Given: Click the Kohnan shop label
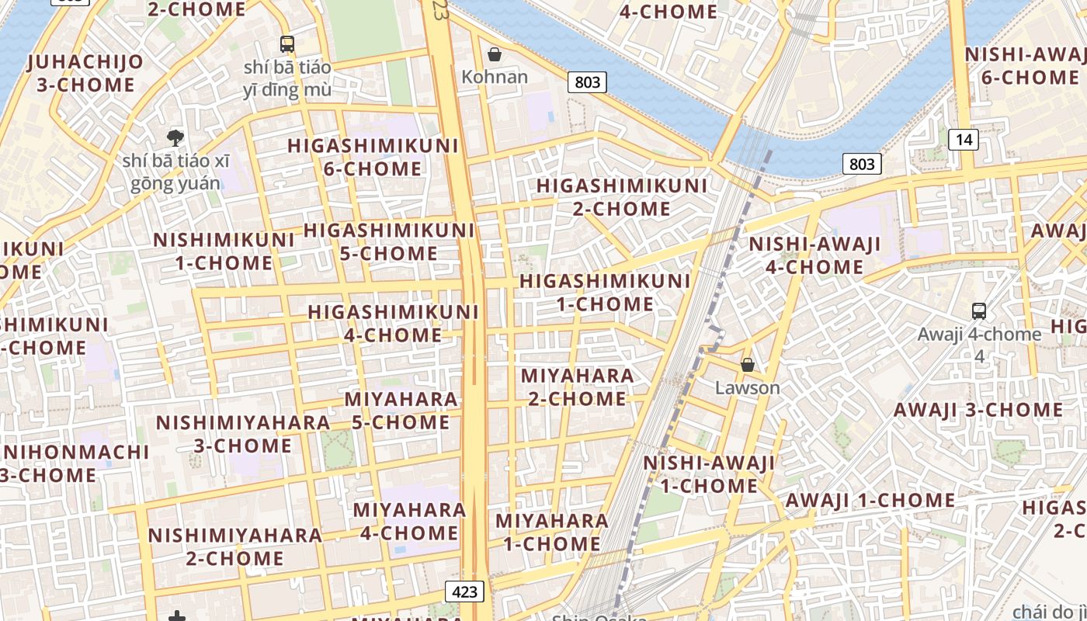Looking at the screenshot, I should tap(495, 77).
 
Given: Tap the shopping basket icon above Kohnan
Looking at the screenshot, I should tap(494, 54).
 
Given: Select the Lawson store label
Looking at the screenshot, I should tap(748, 387).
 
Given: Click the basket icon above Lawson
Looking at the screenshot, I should tap(748, 364).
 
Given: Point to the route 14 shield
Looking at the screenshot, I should tap(964, 140).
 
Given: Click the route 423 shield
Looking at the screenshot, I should tap(465, 592).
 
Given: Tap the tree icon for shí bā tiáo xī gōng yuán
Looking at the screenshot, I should tap(175, 138).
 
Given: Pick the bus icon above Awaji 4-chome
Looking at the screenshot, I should tap(979, 311).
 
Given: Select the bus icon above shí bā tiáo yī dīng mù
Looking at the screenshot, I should tap(287, 44).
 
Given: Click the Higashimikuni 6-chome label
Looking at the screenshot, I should tap(373, 157).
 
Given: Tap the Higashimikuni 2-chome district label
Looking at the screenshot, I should tap(622, 197).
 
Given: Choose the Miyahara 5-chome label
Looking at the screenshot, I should tap(401, 411).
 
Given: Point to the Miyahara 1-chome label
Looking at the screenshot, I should tap(552, 532).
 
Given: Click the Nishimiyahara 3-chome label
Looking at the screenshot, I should tap(243, 434).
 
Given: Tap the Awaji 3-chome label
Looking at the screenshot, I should tap(978, 410).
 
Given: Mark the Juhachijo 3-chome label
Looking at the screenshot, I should tap(85, 73).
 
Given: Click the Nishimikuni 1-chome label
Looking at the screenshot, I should tap(224, 251).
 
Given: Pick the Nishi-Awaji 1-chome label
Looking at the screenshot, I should tap(709, 474).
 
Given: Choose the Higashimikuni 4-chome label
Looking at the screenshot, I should tap(394, 323).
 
